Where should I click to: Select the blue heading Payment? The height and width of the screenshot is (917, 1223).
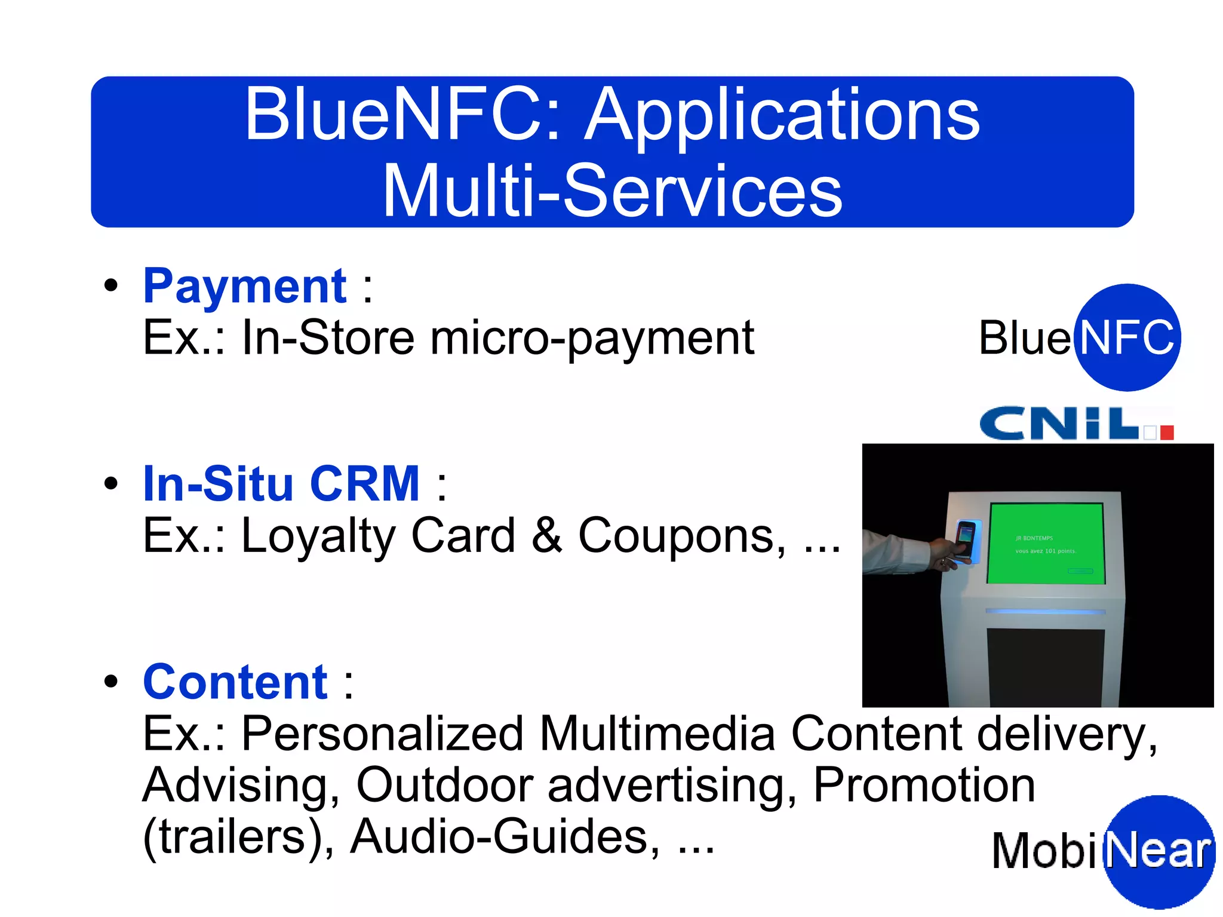click(x=245, y=287)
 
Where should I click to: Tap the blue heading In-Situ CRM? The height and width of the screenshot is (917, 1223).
click(x=281, y=484)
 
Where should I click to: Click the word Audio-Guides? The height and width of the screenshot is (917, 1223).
click(x=505, y=836)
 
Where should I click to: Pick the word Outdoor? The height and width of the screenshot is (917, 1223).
click(x=444, y=785)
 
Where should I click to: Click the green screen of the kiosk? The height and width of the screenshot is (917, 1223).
click(x=1045, y=544)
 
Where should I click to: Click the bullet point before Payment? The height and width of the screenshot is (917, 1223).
click(x=111, y=286)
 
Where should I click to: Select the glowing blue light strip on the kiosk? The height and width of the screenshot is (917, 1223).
click(x=1045, y=611)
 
